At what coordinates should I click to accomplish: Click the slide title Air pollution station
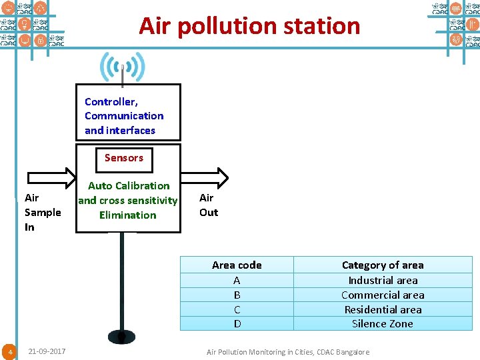point(249,26)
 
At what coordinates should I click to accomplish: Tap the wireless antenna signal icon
point(122,67)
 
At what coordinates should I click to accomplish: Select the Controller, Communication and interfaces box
point(128,113)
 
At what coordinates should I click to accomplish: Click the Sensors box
point(124,159)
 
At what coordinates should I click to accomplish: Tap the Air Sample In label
point(42,212)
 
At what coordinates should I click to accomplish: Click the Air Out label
point(209,205)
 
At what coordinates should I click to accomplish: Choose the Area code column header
point(237,265)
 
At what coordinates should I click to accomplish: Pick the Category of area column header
point(383,265)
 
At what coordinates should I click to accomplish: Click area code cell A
point(237,280)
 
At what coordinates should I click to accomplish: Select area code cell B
point(237,295)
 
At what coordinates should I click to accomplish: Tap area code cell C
point(237,309)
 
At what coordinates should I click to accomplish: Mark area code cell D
point(237,323)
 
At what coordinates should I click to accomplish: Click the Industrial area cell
point(383,280)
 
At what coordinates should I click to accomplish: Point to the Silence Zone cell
point(383,323)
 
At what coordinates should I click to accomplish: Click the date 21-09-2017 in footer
point(47,351)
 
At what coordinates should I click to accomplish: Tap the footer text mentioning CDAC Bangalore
point(288,352)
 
